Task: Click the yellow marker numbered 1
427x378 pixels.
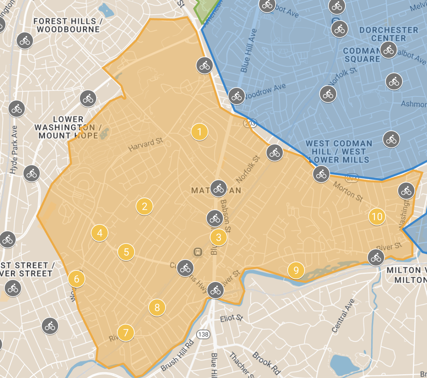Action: (x=200, y=132)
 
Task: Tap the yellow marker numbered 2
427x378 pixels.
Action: (x=144, y=206)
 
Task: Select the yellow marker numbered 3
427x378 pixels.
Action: (x=219, y=237)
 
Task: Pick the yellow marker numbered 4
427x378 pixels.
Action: (x=100, y=233)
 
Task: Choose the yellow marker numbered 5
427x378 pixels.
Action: (x=126, y=252)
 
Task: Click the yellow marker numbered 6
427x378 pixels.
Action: (x=76, y=279)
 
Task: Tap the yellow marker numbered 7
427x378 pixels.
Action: (x=126, y=333)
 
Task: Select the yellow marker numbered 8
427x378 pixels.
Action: (x=157, y=308)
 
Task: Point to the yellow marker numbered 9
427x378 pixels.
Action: (x=296, y=270)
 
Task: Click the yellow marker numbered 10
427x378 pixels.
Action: (x=377, y=217)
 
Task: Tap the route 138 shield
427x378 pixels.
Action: (x=203, y=334)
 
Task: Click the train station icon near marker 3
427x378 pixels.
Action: (x=198, y=252)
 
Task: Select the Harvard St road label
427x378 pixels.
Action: (x=146, y=145)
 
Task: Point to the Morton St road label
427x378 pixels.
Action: (x=348, y=191)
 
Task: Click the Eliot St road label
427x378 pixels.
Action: (x=232, y=318)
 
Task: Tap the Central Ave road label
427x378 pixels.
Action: (x=343, y=316)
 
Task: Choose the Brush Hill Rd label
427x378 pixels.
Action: (x=177, y=356)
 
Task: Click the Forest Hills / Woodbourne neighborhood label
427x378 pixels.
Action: (x=68, y=25)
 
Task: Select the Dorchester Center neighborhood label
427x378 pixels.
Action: (x=389, y=34)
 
